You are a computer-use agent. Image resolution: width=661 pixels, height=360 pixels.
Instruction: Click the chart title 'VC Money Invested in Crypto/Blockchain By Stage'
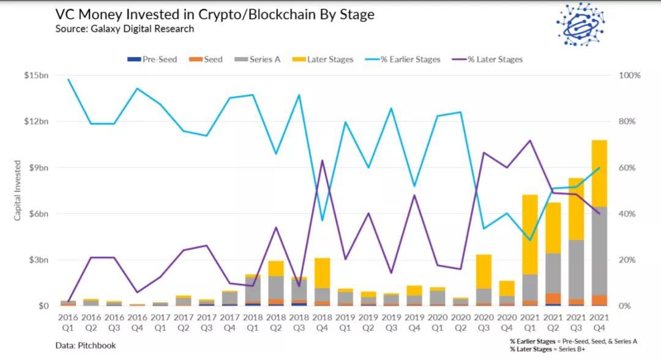[x=214, y=14]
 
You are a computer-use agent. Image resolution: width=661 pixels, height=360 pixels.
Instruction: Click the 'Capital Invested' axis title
[x=18, y=190]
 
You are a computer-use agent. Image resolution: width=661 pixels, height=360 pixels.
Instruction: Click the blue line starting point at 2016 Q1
[x=68, y=80]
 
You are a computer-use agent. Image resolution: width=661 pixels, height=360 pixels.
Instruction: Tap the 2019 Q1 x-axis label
[x=346, y=321]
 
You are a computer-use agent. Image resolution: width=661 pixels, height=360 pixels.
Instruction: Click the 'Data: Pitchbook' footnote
[x=85, y=345]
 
